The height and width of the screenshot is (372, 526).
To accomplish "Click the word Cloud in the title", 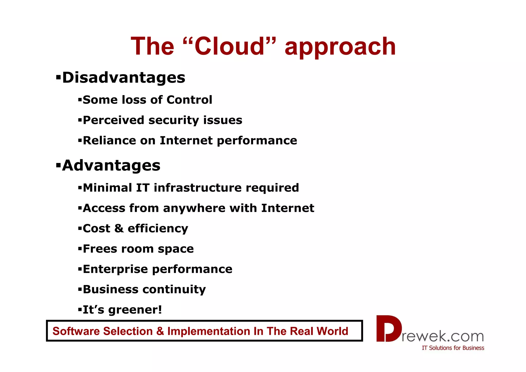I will click(x=229, y=46).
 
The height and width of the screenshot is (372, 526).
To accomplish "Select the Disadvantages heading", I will click(x=124, y=77).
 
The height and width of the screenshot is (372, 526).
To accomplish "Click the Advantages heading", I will click(x=111, y=165).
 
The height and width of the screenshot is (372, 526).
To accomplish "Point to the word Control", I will click(x=189, y=100).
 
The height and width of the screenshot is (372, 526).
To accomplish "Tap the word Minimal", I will click(x=107, y=188).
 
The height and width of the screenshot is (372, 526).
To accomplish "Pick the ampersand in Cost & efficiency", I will click(x=119, y=228).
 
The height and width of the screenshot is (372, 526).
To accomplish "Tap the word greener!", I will click(x=135, y=310).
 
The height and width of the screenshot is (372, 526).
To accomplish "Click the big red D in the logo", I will click(x=388, y=329).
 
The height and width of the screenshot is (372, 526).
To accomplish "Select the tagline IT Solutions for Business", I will click(x=453, y=348).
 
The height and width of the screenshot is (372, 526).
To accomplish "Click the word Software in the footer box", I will click(x=76, y=331).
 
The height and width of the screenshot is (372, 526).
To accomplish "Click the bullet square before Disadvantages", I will click(x=58, y=77).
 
